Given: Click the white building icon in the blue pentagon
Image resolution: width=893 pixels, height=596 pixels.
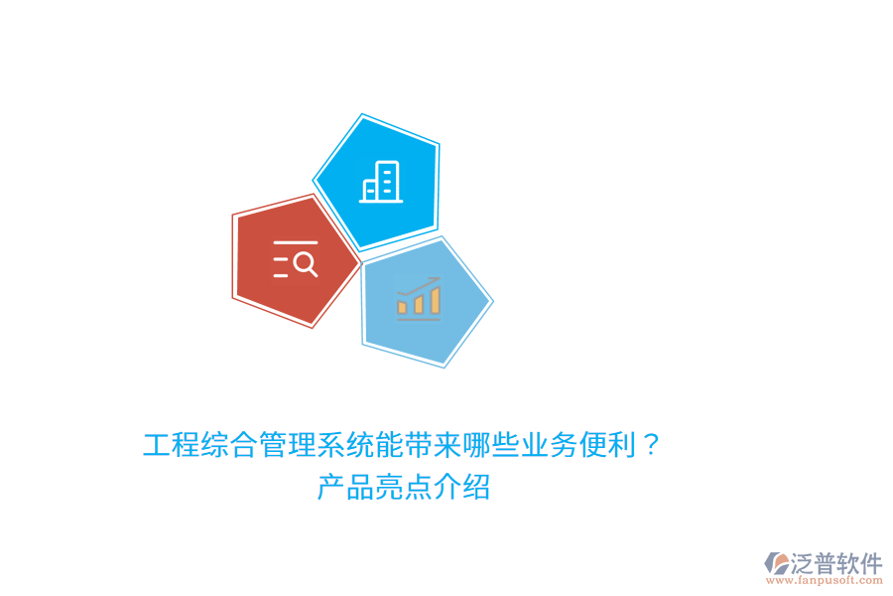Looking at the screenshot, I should (x=382, y=182).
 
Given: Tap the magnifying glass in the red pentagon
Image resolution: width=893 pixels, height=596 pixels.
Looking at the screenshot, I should (x=305, y=264).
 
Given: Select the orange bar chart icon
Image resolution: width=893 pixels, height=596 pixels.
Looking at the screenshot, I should (x=418, y=298).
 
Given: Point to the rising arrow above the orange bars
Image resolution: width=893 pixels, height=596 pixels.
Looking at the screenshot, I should (x=419, y=284).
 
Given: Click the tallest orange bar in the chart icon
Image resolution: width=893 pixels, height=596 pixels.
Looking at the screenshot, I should (x=434, y=300).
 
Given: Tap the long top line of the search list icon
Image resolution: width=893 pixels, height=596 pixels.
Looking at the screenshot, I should (x=295, y=242).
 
